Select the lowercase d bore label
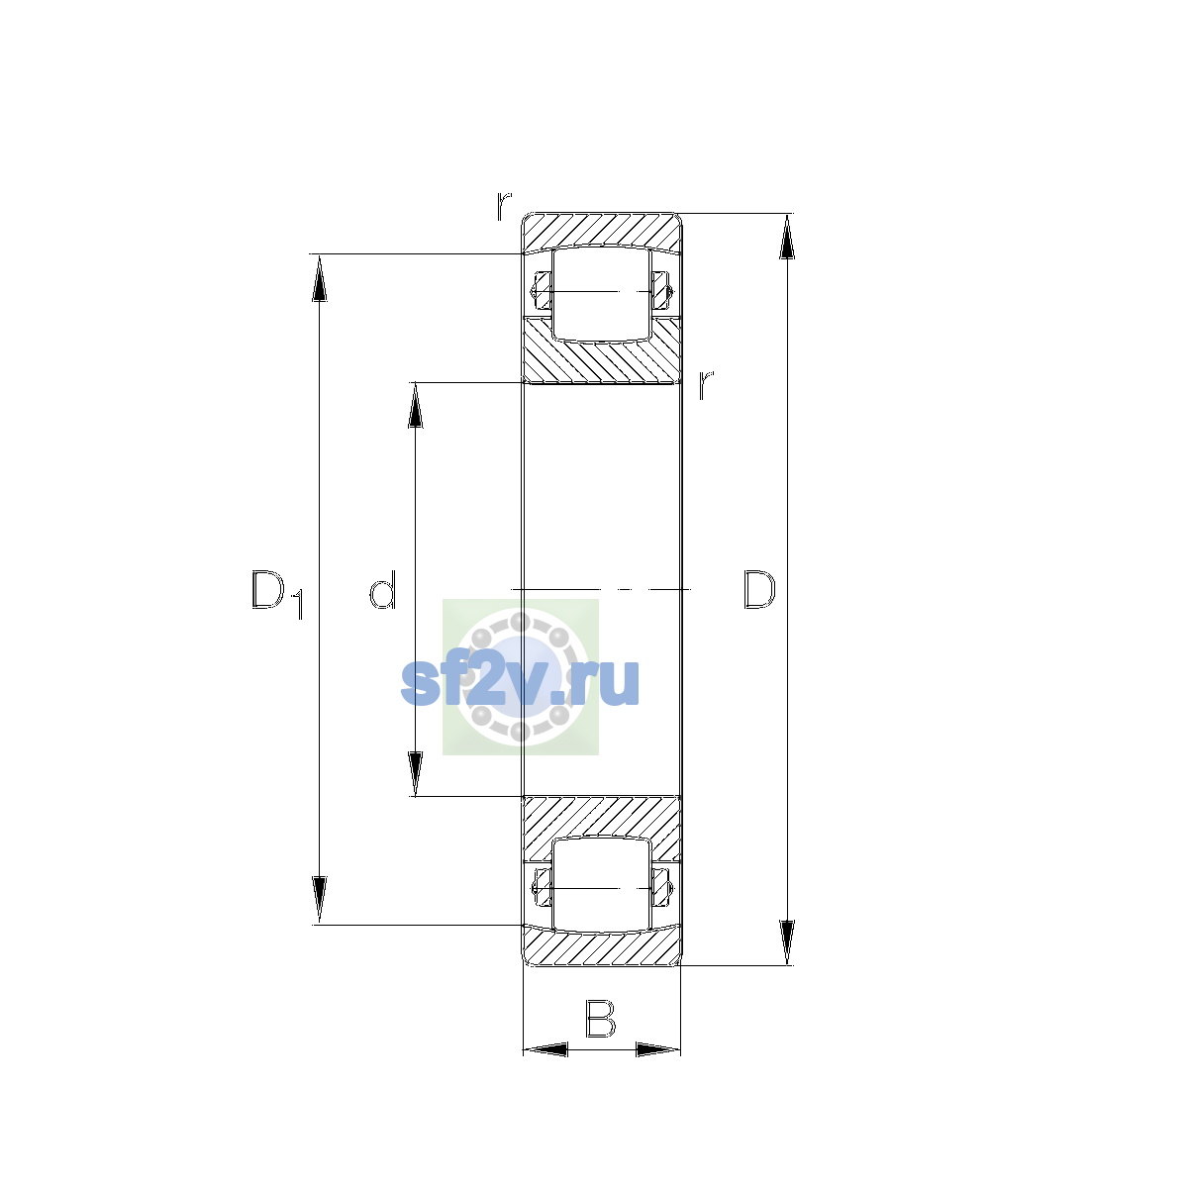coord(382,589)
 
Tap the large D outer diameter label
coord(759,589)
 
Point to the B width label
coord(601,1019)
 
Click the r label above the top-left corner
coord(504,206)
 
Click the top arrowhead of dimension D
coord(787,237)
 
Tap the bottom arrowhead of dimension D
coord(787,943)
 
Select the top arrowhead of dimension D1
coord(320,277)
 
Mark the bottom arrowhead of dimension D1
coord(320,901)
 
